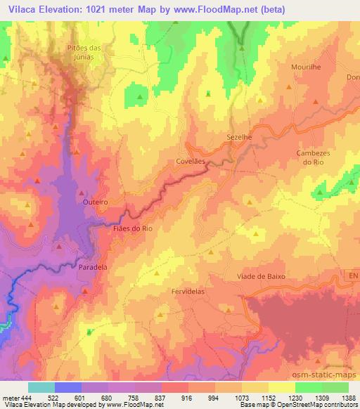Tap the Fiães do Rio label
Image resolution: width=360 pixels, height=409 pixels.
coord(133,228)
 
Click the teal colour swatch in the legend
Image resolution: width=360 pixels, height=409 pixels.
coord(41,387)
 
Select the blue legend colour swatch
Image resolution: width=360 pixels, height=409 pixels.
coord(68,387)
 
